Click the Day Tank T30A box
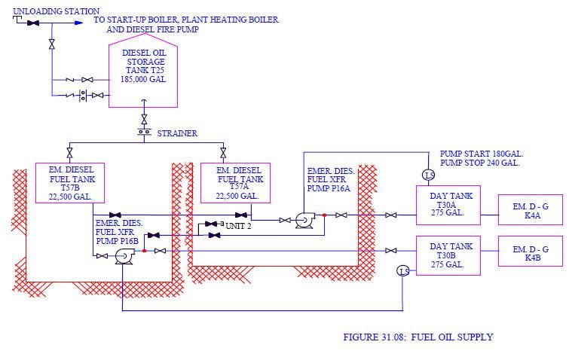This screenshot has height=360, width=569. [451, 205]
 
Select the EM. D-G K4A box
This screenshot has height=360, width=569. [530, 209]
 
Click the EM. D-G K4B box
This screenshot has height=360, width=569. [530, 251]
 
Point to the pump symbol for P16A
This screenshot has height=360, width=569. [305, 219]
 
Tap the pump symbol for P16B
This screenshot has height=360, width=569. [123, 257]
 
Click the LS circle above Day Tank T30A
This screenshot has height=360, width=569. [428, 175]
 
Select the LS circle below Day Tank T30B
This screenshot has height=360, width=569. [404, 271]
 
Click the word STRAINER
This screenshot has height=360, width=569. [177, 133]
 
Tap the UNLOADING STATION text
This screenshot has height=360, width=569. [57, 11]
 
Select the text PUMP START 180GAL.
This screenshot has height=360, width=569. [482, 154]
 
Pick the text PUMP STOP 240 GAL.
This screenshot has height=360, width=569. [480, 163]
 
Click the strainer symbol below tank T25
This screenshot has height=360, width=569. [143, 133]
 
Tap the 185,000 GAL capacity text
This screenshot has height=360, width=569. [144, 79]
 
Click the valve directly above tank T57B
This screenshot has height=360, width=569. [69, 152]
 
